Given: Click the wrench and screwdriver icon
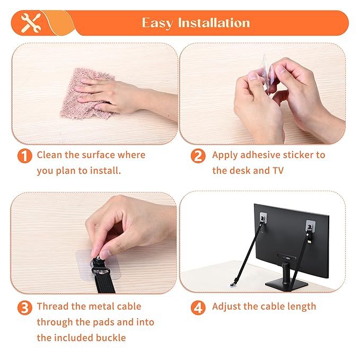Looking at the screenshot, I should (x=30, y=23).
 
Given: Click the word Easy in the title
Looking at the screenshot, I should (x=158, y=23).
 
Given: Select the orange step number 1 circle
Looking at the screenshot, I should (x=24, y=156).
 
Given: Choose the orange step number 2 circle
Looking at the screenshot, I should (x=198, y=156).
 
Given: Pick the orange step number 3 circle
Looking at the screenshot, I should (x=24, y=308).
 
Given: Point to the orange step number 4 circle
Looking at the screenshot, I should (x=198, y=308).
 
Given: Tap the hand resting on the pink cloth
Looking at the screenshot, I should (x=109, y=94).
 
